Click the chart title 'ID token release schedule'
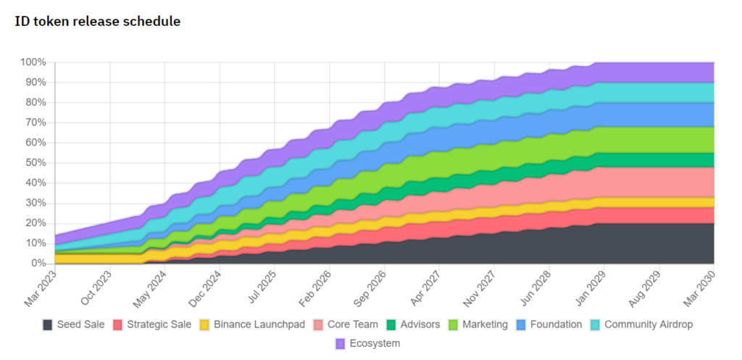(98, 22)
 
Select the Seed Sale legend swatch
(48, 325)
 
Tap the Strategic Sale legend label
(159, 325)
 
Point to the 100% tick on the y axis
(34, 62)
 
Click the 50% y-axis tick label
(36, 163)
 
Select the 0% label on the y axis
(39, 264)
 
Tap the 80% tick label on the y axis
(36, 103)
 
